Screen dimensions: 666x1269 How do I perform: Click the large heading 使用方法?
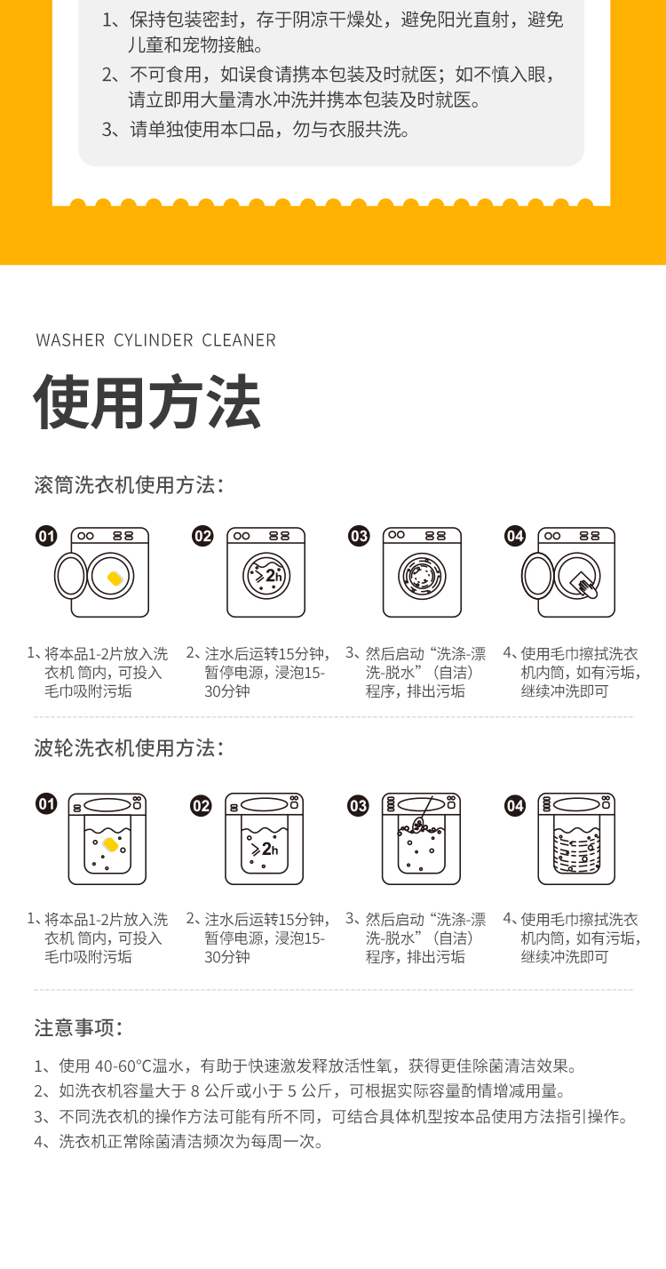pyautogui.click(x=147, y=402)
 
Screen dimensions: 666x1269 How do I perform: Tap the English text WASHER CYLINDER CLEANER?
pyautogui.click(x=155, y=339)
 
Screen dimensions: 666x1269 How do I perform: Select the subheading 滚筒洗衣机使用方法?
pyautogui.click(x=129, y=485)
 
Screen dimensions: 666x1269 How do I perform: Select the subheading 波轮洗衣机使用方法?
pyautogui.click(x=129, y=748)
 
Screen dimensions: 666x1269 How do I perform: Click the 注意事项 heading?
pyautogui.click(x=79, y=1027)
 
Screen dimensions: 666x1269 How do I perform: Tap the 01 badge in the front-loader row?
pyautogui.click(x=46, y=536)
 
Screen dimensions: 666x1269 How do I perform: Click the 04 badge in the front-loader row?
pyautogui.click(x=515, y=536)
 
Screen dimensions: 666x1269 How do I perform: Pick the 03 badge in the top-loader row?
pyautogui.click(x=358, y=806)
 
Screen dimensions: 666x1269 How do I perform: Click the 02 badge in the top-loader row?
pyautogui.click(x=201, y=806)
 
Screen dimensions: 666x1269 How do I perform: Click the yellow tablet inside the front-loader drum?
pyautogui.click(x=115, y=579)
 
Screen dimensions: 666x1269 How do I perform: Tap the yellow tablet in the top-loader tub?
pyautogui.click(x=110, y=845)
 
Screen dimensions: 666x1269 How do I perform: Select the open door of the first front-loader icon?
pyautogui.click(x=71, y=576)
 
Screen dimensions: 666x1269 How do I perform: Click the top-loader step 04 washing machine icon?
pyautogui.click(x=576, y=839)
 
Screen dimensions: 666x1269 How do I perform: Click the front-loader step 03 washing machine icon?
pyautogui.click(x=422, y=572)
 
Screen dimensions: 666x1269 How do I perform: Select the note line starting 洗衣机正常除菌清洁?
pyautogui.click(x=178, y=1142)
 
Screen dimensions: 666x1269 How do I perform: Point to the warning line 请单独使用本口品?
pyautogui.click(x=256, y=130)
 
